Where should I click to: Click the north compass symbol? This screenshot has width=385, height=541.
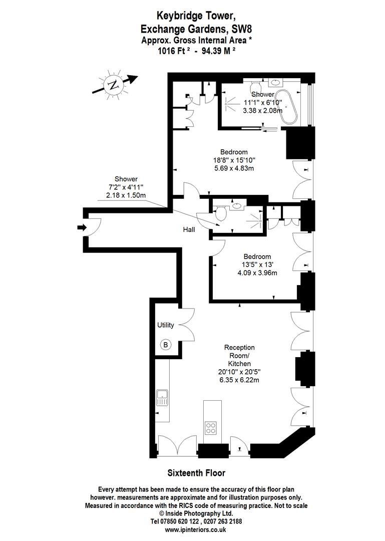tap(114, 85)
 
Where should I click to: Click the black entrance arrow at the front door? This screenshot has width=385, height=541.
tap(81, 228)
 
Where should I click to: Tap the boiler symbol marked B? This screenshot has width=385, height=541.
tap(166, 345)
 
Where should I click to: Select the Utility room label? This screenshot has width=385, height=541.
tap(166, 325)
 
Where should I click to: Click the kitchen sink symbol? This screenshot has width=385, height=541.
tap(162, 398)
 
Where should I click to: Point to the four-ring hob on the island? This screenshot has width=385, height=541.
tap(211, 428)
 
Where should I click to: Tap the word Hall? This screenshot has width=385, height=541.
tap(189, 229)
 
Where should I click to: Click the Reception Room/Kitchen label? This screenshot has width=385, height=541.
tap(239, 355)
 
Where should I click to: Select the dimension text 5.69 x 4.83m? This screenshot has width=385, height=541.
tap(234, 168)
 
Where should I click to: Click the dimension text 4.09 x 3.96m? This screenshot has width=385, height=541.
tap(257, 273)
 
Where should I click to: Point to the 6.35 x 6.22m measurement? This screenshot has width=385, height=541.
tap(239, 380)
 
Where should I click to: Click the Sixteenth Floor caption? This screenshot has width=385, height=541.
tap(196, 473)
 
